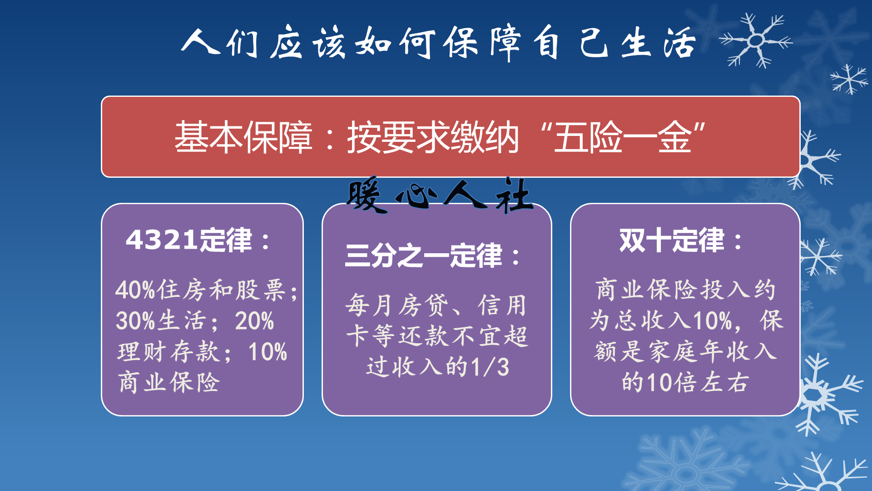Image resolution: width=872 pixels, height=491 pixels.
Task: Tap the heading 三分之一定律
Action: [x=424, y=256]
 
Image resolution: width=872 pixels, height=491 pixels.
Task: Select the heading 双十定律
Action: [x=672, y=240]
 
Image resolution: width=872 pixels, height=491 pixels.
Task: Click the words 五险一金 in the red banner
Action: [x=623, y=137]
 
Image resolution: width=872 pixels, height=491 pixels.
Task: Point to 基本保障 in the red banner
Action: [x=243, y=137]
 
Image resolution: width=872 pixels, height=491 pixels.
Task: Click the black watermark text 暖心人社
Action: [x=440, y=195]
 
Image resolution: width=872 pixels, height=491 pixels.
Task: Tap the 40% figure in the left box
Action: [x=135, y=290]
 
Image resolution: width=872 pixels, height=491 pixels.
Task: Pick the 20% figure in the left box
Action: [x=254, y=321]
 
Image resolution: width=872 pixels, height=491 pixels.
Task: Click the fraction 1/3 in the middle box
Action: [x=490, y=367]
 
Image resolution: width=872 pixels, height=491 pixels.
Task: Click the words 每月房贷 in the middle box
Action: [x=397, y=305]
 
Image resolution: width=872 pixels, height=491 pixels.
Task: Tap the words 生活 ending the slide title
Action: [x=659, y=42]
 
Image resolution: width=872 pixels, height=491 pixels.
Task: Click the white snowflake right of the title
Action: [x=756, y=40]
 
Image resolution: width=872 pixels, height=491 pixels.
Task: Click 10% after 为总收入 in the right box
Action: [x=713, y=321]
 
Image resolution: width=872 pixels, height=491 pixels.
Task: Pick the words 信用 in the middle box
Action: [x=502, y=305]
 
